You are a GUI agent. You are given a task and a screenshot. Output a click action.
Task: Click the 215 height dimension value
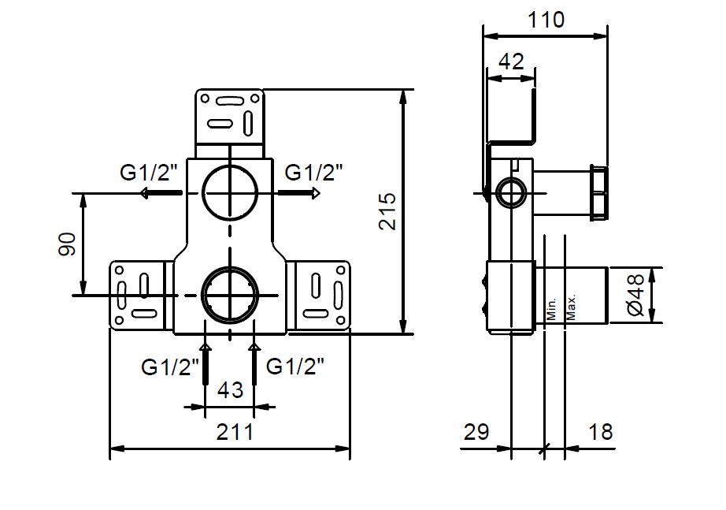(x=387, y=211)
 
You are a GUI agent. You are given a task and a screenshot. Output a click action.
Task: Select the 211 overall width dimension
(x=235, y=432)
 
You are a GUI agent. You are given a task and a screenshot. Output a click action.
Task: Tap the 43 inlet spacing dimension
(x=230, y=390)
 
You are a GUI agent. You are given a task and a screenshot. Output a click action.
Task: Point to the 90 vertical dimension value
(x=67, y=244)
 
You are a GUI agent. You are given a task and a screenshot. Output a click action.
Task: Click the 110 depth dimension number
(x=546, y=20)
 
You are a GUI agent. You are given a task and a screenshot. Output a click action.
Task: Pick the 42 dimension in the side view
(x=511, y=61)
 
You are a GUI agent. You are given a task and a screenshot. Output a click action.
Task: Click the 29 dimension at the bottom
(x=476, y=432)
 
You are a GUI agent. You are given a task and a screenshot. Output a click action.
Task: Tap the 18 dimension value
(x=601, y=432)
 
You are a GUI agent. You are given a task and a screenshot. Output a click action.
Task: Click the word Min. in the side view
(x=551, y=309)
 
